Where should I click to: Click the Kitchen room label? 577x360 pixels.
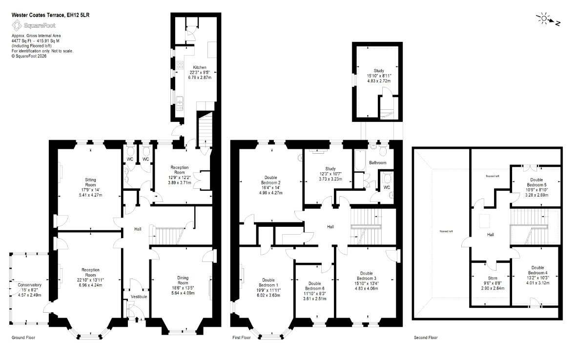pos(200,67)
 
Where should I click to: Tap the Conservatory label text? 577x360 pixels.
pos(29,285)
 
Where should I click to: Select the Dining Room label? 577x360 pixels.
pos(183,280)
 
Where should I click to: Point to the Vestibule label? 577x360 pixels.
pos(139,297)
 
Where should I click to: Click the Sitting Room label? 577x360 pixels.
pos(90,182)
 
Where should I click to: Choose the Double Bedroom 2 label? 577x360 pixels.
pos(271,180)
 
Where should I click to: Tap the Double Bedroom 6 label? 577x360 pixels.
pos(315,286)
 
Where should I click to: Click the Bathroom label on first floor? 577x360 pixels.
pos(377,162)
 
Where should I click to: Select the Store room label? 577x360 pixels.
pos(493,278)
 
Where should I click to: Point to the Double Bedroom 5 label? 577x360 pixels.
pos(536,182)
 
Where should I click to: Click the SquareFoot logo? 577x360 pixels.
pos(34,26)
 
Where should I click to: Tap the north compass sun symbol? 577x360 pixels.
pos(544,19)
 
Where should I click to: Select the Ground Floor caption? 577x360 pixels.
pos(23,337)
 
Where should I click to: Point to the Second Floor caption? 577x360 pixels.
pos(426,337)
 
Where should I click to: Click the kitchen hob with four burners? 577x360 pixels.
pos(180,65)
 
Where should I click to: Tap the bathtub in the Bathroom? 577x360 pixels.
pos(359,160)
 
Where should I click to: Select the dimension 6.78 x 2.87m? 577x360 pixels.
pos(200,78)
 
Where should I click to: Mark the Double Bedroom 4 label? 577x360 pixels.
pos(537,270)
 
